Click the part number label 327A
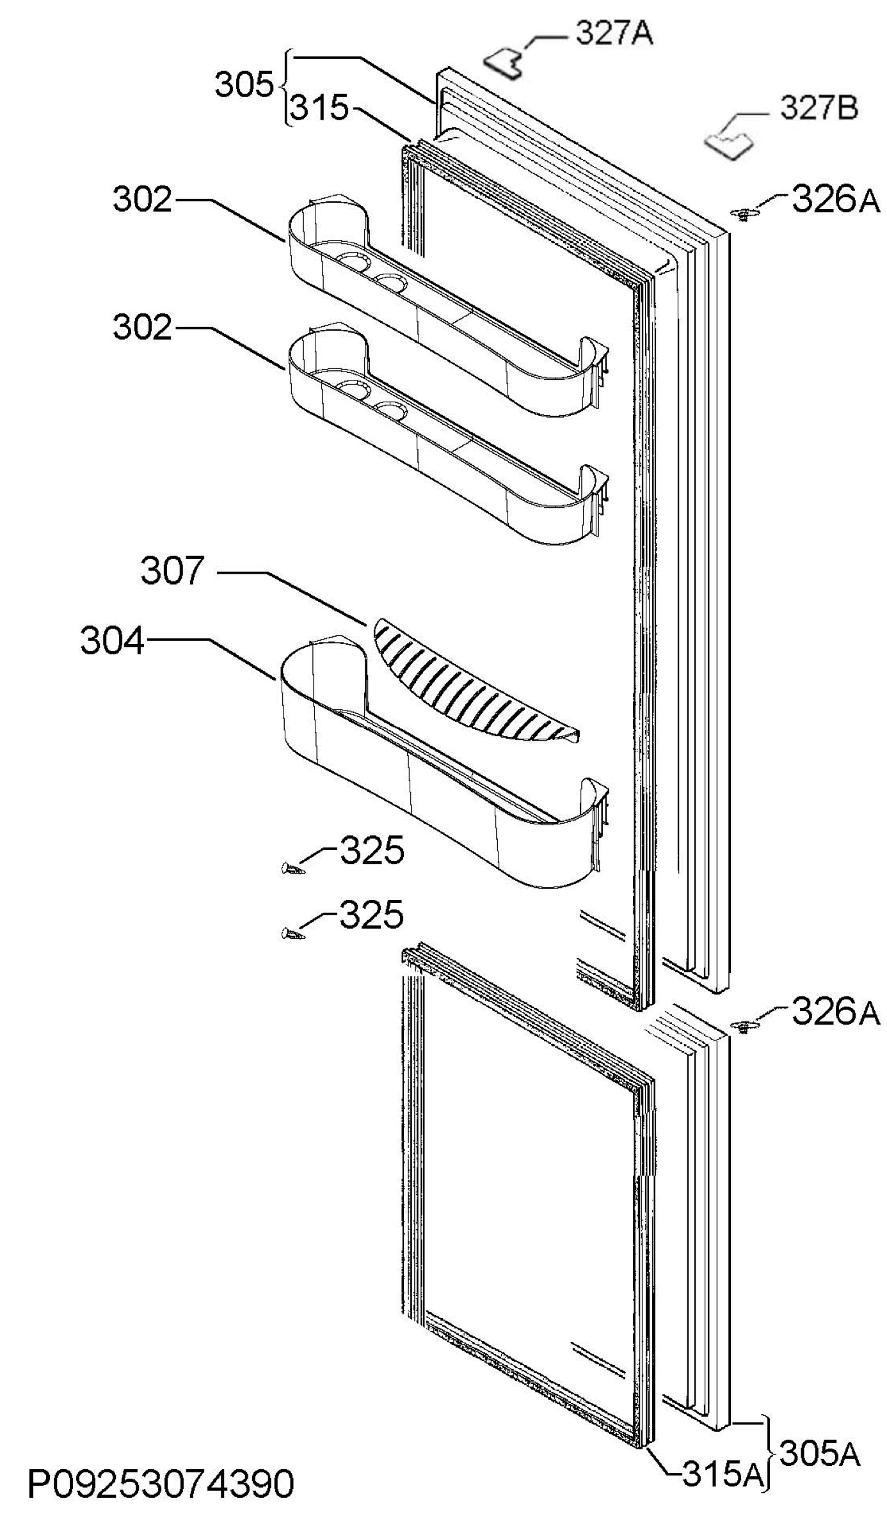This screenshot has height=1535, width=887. coord(614,34)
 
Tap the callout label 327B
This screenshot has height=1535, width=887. coord(819,109)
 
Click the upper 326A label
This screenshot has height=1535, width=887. coord(836,200)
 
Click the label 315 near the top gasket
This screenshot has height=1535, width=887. coord(320,109)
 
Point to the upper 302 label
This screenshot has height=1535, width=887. coord(143,200)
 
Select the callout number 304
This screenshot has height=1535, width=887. coord(112,642)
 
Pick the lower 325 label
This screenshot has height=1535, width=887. coord(371,915)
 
